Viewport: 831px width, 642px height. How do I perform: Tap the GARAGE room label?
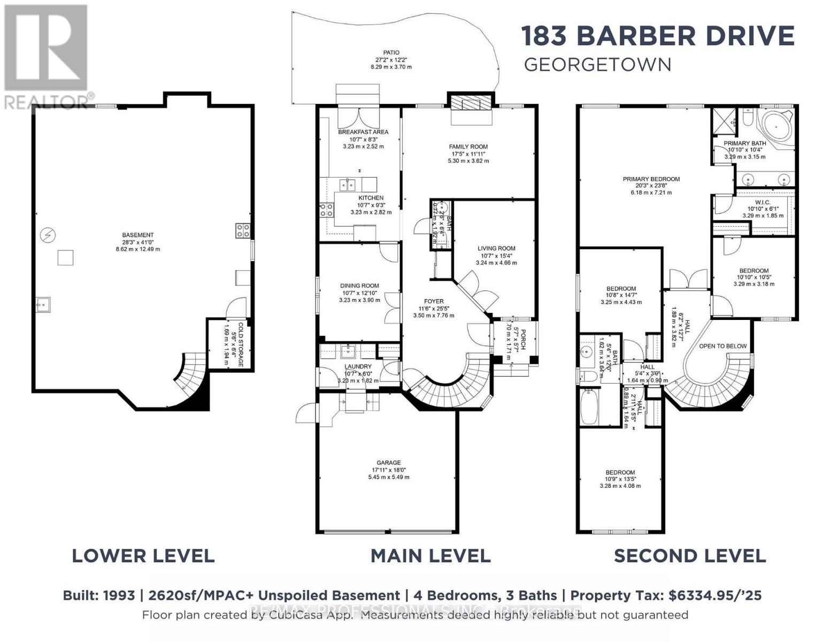click(x=388, y=463)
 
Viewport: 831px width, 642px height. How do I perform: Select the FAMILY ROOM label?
click(x=468, y=147)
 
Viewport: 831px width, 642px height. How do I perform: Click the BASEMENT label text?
click(x=137, y=235)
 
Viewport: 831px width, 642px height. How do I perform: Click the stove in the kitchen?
click(x=326, y=209)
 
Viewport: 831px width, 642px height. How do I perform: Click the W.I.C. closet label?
click(x=763, y=202)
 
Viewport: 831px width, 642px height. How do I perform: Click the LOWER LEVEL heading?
click(x=143, y=556)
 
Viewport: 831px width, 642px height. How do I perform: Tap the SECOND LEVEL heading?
click(x=689, y=556)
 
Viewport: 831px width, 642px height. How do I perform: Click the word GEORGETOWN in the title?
click(x=597, y=65)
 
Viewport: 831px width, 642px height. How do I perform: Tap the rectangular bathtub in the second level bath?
click(x=592, y=406)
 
